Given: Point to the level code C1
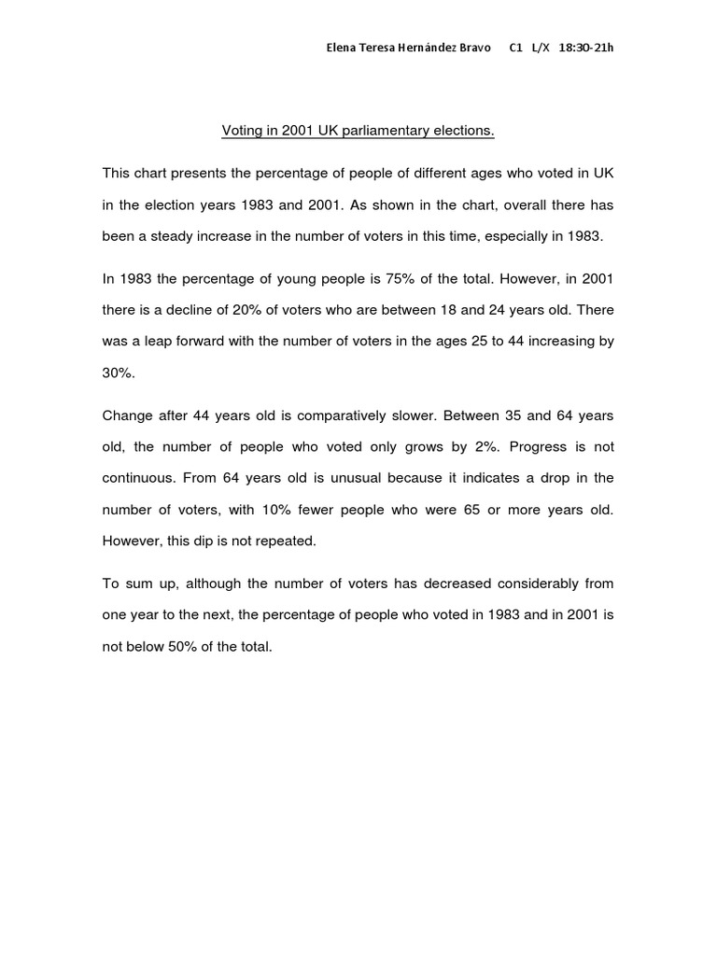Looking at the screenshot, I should coord(515,48).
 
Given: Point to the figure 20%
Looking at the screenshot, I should coord(244,310).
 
